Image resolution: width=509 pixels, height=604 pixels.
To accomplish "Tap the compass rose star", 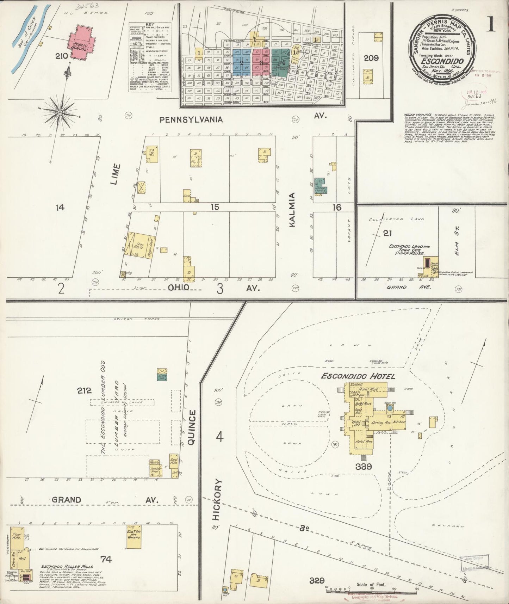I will (x=60, y=112).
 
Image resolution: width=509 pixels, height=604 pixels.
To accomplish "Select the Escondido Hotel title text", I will (x=358, y=376).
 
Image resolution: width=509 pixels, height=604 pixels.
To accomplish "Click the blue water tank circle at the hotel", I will (x=390, y=408).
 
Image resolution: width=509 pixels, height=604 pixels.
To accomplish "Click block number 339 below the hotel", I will (x=364, y=467).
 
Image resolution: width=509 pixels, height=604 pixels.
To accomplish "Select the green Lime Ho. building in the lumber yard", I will (x=162, y=376).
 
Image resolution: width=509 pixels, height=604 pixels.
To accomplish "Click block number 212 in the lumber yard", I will (x=85, y=390).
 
